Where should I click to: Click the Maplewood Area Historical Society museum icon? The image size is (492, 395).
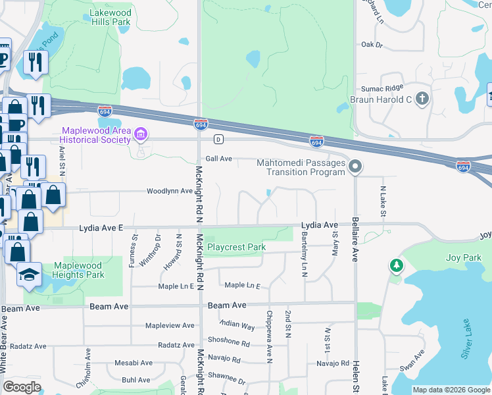(x=140, y=136)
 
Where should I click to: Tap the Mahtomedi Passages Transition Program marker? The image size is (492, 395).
(x=355, y=167)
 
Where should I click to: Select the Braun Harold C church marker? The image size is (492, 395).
(x=422, y=99)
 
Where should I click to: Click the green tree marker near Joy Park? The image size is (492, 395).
(x=396, y=265)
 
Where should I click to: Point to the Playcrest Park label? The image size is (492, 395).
(x=236, y=248)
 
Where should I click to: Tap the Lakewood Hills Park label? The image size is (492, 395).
(x=108, y=17)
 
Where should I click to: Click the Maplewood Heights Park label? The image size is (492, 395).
(x=78, y=271)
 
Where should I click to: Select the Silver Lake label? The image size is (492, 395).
(x=467, y=339)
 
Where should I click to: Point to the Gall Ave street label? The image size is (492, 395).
(x=219, y=159)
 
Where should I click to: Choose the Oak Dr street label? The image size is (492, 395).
(x=372, y=45)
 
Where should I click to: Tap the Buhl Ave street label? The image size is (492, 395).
(x=136, y=380)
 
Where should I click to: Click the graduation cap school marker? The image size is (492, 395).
(x=29, y=274)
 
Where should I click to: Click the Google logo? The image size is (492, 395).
(x=22, y=387)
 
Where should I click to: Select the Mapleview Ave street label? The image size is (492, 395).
(x=170, y=326)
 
